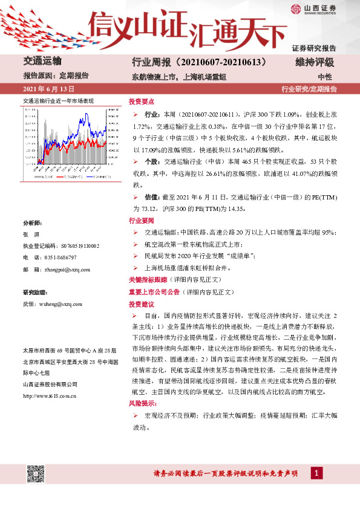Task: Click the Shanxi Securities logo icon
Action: pos(295,9)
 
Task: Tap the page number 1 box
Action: pos(315,473)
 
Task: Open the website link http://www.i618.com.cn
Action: pos(49,396)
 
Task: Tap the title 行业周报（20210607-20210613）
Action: pos(200,62)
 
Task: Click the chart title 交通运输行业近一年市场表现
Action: pos(58,100)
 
